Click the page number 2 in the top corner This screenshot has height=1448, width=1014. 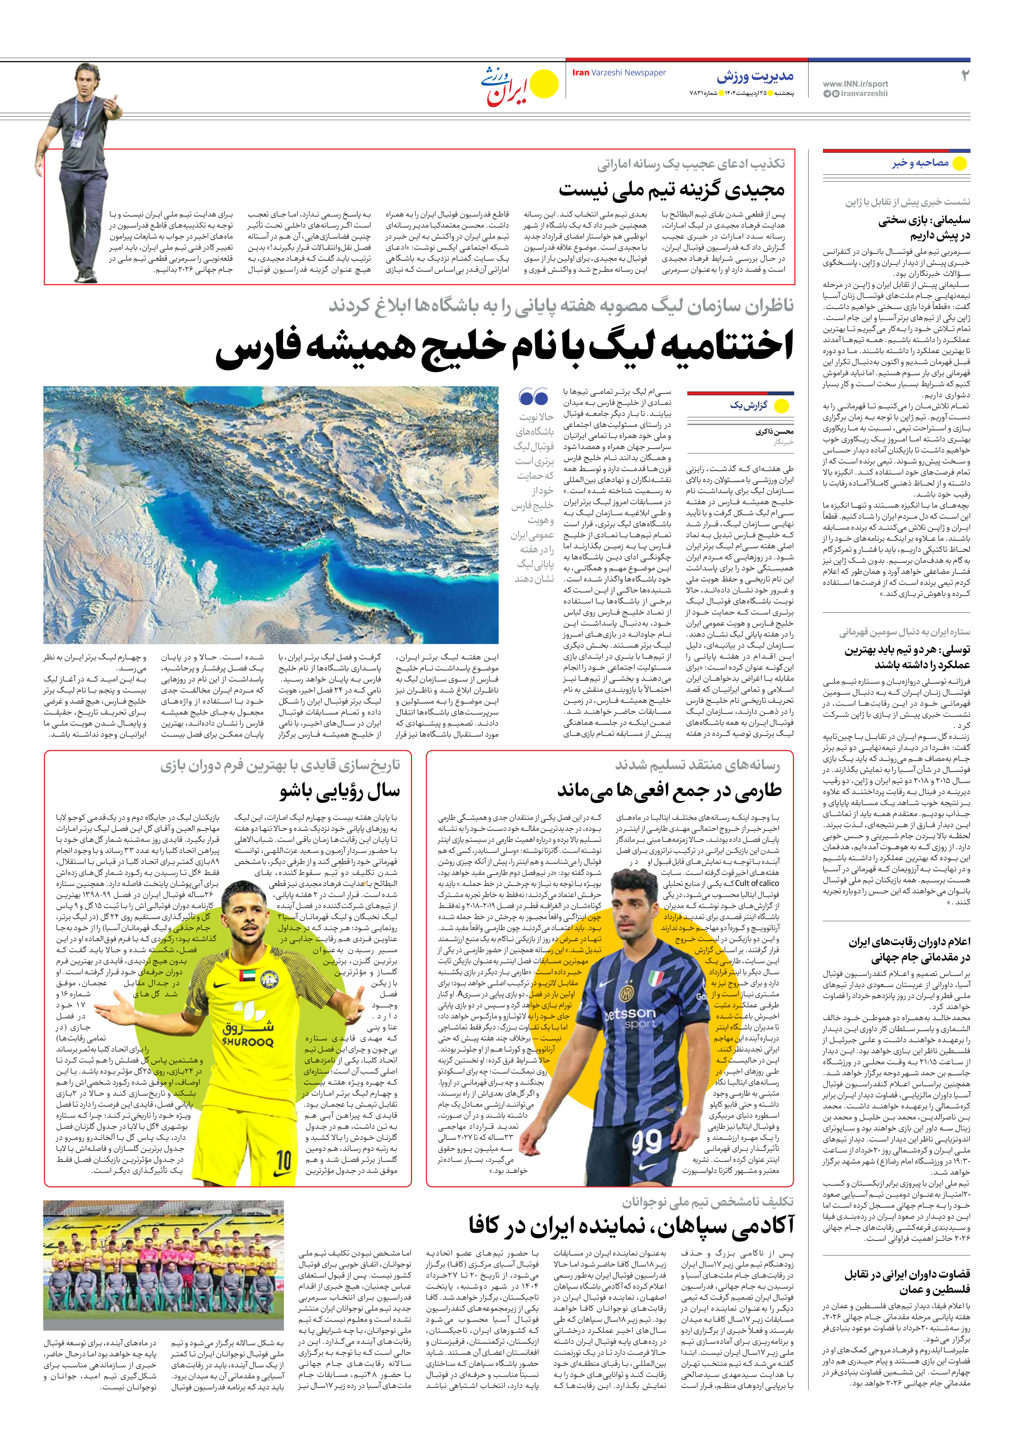964,76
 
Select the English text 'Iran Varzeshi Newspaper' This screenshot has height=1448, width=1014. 619,73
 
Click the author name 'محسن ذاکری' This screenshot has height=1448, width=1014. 774,432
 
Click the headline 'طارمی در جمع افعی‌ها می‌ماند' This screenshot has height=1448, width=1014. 669,791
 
